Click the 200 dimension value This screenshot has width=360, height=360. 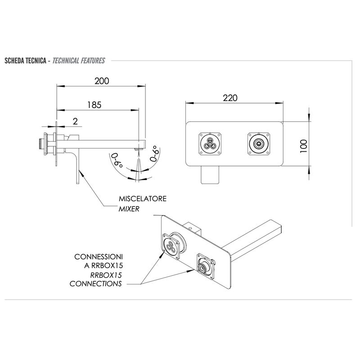point(102,81)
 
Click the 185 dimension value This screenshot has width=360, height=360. point(94,105)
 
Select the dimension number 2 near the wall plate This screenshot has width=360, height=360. point(75,121)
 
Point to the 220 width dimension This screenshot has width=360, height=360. point(230,98)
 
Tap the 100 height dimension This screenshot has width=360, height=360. point(303,146)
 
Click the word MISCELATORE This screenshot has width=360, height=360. point(143,198)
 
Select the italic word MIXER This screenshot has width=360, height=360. point(129,209)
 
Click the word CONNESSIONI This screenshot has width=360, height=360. point(99,256)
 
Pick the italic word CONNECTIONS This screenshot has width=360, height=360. point(95,283)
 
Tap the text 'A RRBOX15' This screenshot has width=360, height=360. point(103,265)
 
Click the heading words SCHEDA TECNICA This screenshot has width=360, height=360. point(26,61)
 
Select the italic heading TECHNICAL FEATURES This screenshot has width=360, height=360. point(79,61)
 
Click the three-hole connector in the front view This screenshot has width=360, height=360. point(210,144)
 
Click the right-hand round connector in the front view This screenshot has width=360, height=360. point(259,144)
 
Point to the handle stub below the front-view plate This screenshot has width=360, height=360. point(210,175)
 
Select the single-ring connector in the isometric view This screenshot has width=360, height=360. point(205,266)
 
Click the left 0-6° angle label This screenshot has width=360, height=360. point(117,161)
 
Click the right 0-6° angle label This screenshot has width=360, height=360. point(154,153)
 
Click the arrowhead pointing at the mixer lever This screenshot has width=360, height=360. point(81,173)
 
